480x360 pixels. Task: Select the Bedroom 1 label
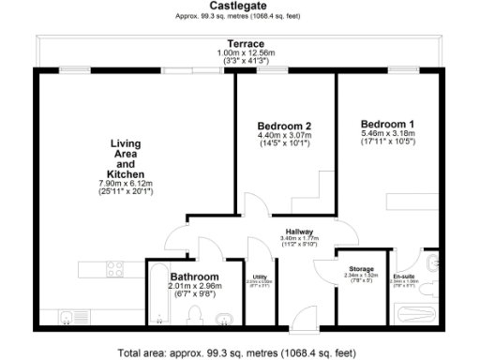pos(387,124)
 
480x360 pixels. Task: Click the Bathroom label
pos(194,277)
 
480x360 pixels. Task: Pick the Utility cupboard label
pos(259,277)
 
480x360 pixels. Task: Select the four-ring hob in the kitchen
pos(116,270)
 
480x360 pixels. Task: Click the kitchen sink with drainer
pos(70,318)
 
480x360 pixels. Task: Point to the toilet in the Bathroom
pos(194,318)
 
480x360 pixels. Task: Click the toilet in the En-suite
pos(430,263)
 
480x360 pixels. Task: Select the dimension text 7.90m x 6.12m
pos(125,183)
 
